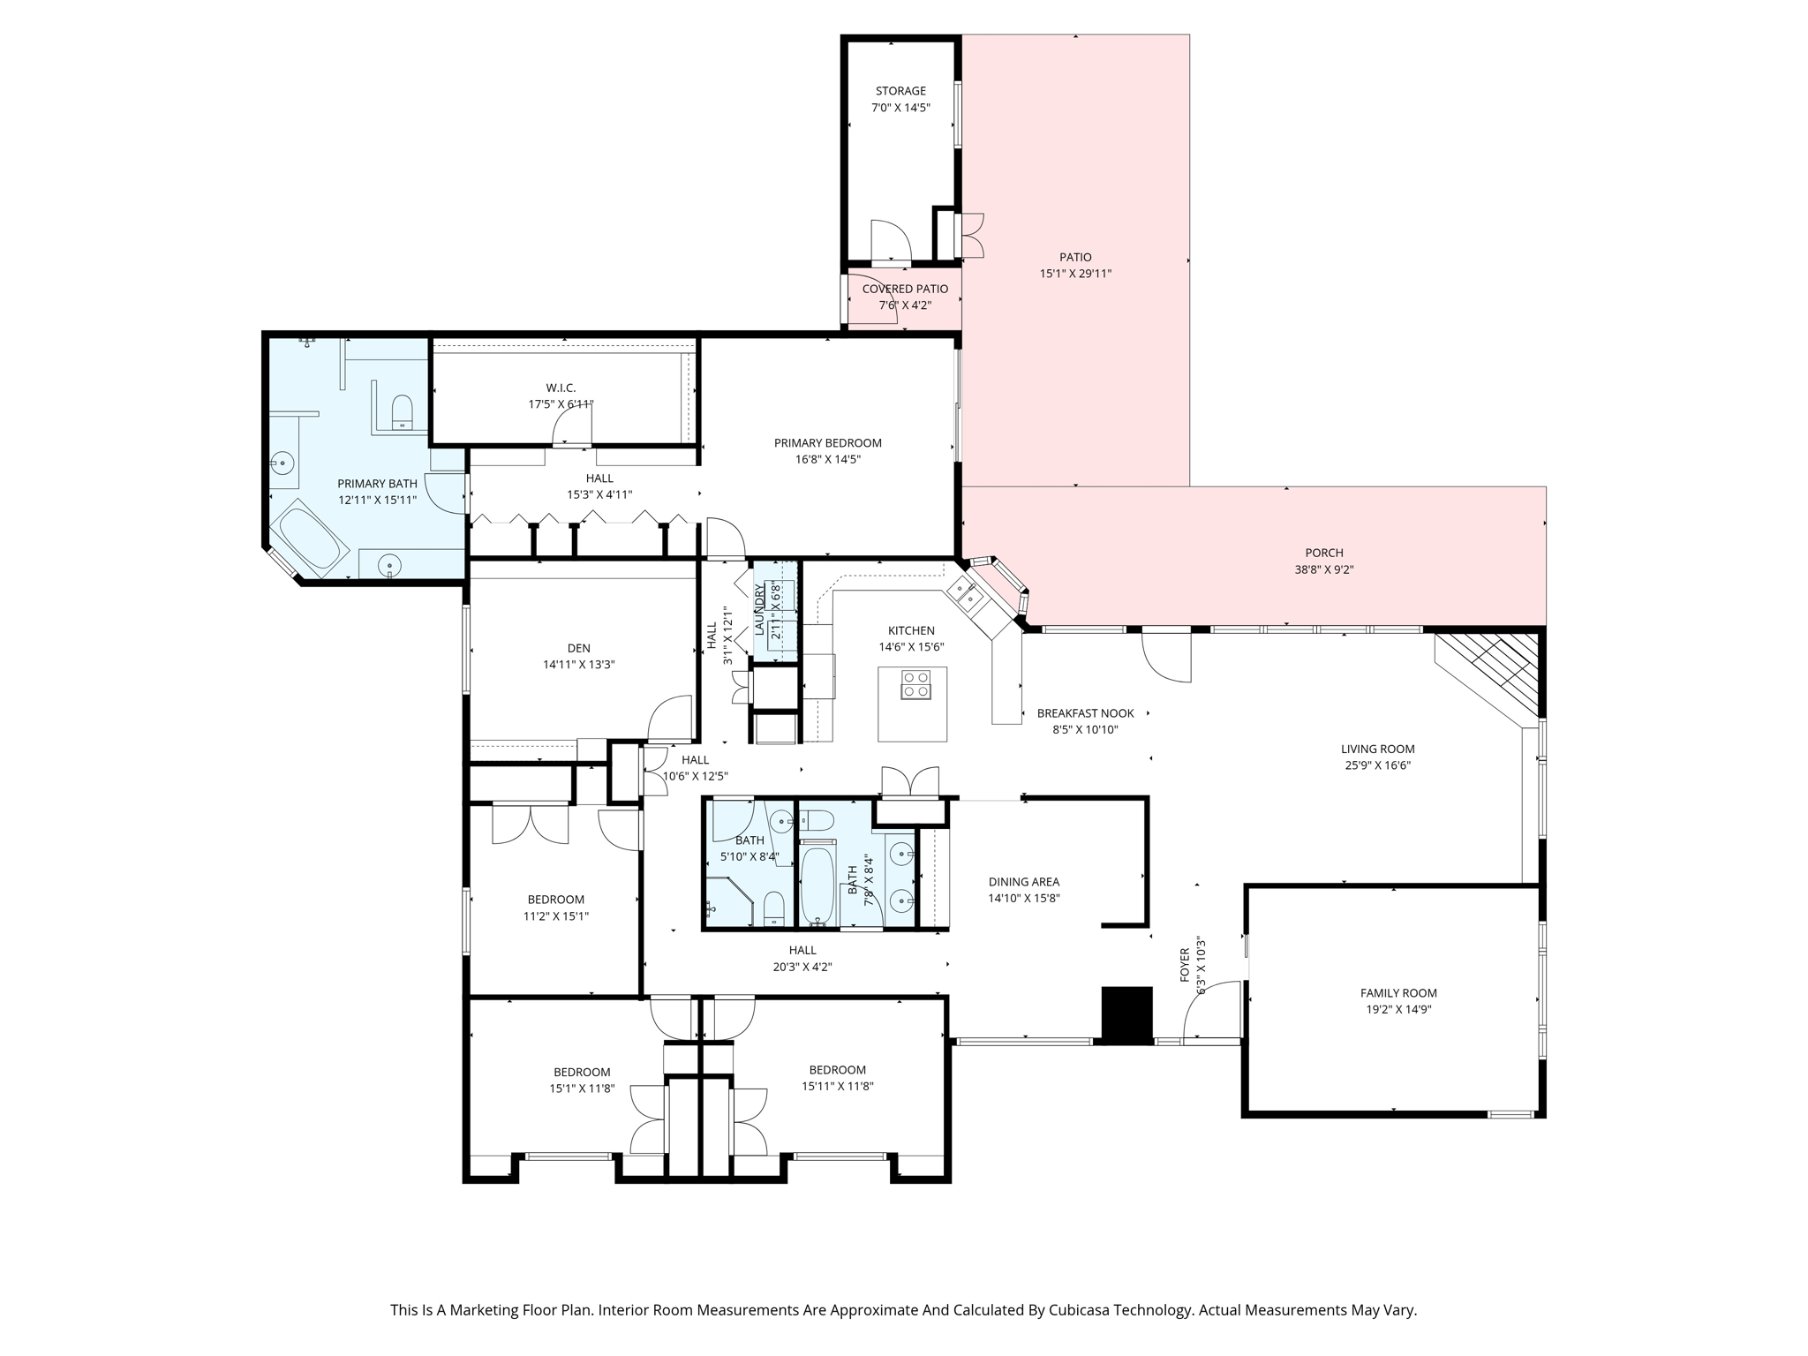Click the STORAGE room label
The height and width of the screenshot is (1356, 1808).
click(900, 91)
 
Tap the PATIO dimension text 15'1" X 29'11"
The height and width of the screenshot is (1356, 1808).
click(1075, 274)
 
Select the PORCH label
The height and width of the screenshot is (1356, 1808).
click(1324, 553)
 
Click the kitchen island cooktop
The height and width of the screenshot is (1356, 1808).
click(915, 684)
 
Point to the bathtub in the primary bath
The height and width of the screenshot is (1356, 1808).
click(308, 537)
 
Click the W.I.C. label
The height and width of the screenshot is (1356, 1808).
click(561, 388)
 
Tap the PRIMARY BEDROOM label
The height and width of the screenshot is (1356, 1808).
click(828, 443)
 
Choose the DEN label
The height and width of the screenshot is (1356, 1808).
click(579, 648)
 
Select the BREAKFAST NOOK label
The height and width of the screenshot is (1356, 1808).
click(1085, 713)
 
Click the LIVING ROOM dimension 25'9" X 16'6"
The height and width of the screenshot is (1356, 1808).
click(1377, 765)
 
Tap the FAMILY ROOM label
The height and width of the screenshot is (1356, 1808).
click(1398, 993)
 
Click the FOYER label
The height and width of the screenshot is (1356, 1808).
click(1186, 966)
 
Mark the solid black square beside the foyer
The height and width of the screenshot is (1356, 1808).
click(1127, 1015)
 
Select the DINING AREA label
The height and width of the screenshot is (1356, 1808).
click(1024, 882)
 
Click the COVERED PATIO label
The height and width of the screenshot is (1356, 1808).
click(905, 289)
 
